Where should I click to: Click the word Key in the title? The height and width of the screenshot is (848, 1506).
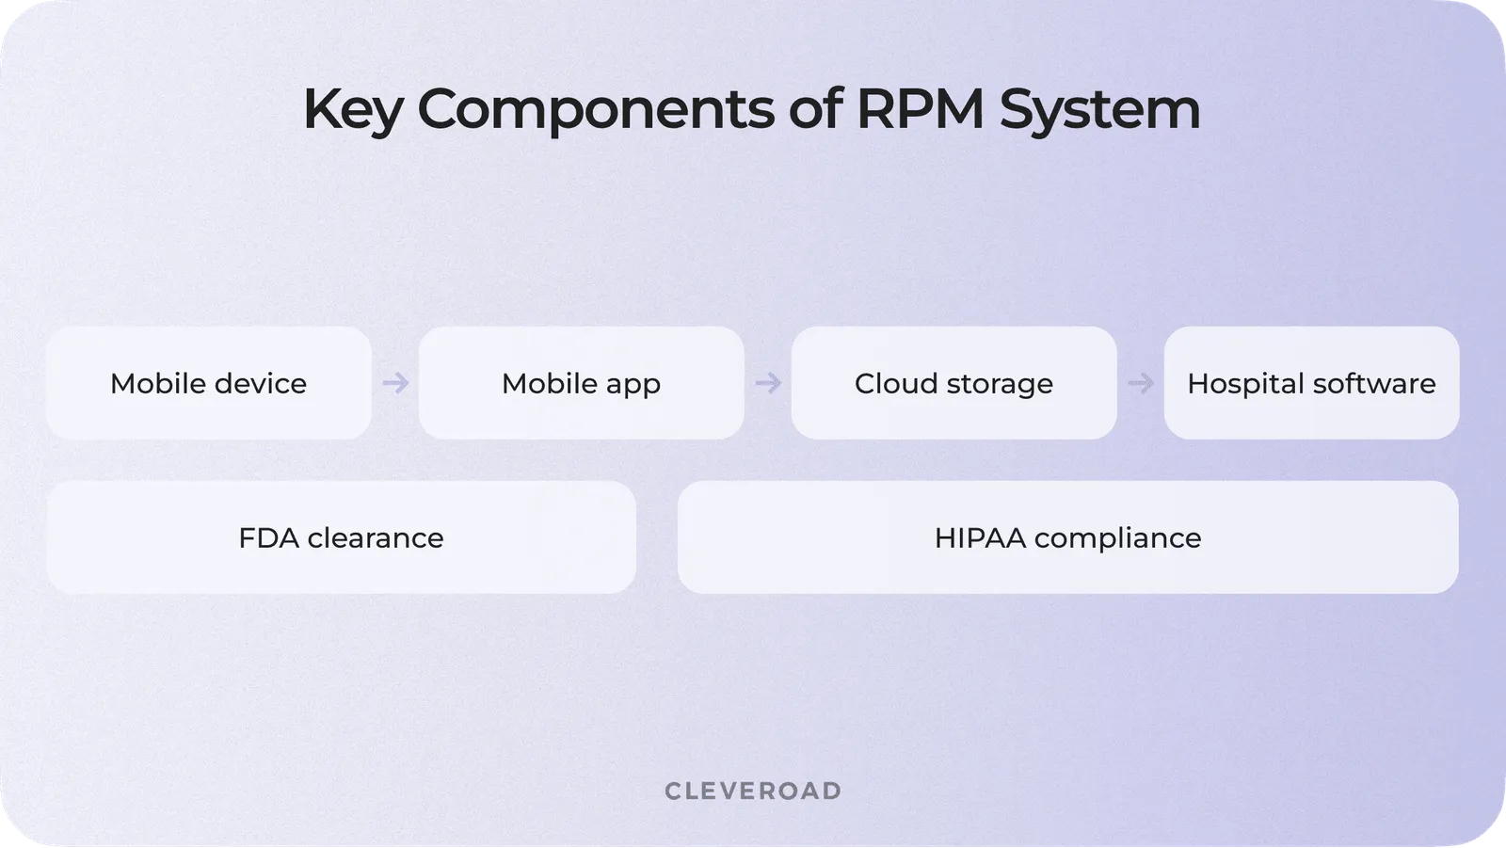(352, 110)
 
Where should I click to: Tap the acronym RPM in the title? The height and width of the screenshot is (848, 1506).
(920, 109)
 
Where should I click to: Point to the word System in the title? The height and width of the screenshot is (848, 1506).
(1098, 110)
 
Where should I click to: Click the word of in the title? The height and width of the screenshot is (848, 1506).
(815, 109)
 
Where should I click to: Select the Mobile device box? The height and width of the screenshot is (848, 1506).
(208, 383)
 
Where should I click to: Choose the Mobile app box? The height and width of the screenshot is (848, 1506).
(581, 383)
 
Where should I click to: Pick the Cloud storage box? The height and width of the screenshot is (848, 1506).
(953, 383)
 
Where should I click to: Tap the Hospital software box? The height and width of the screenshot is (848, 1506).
(1311, 383)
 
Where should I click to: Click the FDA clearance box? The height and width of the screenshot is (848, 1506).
(341, 537)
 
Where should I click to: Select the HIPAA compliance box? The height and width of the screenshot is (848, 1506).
(1067, 537)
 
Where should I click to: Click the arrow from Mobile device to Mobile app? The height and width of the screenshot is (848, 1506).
(395, 383)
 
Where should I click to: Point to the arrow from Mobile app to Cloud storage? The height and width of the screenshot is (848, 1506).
(768, 383)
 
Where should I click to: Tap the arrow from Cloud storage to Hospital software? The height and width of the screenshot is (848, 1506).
(1141, 383)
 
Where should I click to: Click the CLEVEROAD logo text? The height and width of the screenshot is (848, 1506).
(753, 791)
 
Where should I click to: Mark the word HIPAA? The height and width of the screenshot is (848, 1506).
(980, 537)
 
